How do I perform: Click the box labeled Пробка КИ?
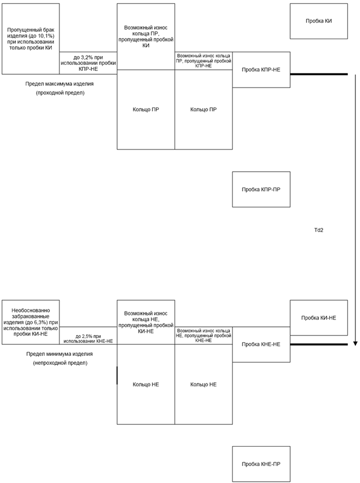tap(319, 21)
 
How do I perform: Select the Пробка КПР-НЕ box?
tap(261, 69)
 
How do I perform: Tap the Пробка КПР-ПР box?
tap(261, 190)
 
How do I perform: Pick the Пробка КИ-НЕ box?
tap(319, 318)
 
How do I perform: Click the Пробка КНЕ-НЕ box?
tap(261, 344)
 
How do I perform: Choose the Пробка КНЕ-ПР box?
tap(261, 464)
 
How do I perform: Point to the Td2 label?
tap(319, 230)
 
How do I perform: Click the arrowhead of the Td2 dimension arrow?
tap(355, 343)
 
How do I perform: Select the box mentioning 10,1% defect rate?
tap(30, 39)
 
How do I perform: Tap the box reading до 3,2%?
tap(88, 63)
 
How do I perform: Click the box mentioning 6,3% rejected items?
tap(30, 322)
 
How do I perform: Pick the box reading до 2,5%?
tap(88, 336)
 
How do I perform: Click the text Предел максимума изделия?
tap(60, 84)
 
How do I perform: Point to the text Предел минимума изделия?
tap(60, 354)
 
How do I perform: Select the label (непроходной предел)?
tap(60, 363)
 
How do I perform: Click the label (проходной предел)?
tap(60, 92)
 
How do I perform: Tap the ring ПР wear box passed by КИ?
tap(146, 36)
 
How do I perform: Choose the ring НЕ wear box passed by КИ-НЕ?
tap(146, 322)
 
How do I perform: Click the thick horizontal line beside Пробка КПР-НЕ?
tap(319, 74)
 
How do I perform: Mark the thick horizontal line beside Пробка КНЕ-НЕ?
tap(319, 344)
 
